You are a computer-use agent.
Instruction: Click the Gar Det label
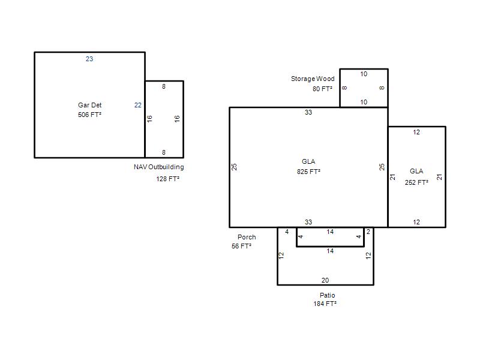(x=89, y=105)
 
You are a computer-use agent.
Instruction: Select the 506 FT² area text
(x=89, y=115)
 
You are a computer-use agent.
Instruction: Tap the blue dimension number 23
(x=89, y=59)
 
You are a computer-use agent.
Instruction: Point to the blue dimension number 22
(x=138, y=105)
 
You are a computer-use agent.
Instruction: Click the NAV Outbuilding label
(x=159, y=167)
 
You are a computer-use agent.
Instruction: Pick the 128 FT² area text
(x=168, y=179)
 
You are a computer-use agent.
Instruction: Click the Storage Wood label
(x=313, y=79)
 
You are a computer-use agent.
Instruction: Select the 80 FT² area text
(x=322, y=89)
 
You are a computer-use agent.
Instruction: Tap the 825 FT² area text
(x=308, y=172)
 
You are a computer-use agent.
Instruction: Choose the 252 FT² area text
(x=416, y=182)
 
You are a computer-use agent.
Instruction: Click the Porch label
(x=247, y=237)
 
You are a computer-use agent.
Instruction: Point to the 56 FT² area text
(x=242, y=246)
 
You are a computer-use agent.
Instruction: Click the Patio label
(x=327, y=295)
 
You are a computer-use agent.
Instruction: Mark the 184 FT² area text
(x=325, y=304)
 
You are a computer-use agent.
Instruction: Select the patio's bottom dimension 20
(x=325, y=280)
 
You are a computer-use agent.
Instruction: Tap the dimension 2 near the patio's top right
(x=368, y=232)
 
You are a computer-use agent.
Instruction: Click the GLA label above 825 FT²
(x=308, y=161)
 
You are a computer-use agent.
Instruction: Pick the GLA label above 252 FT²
(x=416, y=171)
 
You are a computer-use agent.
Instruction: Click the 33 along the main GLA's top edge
(x=308, y=112)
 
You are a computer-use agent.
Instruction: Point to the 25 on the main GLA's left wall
(x=234, y=167)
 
